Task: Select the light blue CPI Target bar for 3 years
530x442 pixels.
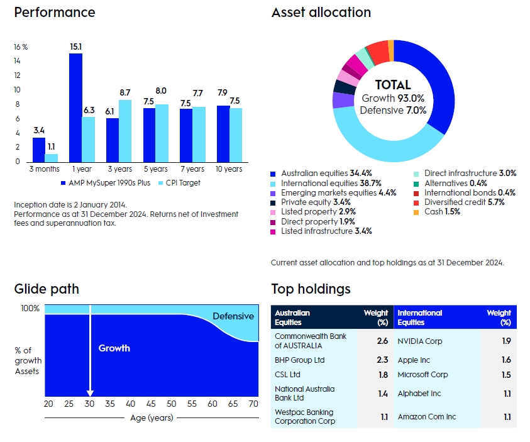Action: tap(125, 130)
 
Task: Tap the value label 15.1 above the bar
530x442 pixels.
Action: tap(75, 46)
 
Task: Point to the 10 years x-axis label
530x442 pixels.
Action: tap(228, 169)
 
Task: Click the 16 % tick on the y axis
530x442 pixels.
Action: tap(21, 47)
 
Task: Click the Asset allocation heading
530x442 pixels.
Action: tap(321, 13)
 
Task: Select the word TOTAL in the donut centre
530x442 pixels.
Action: tap(393, 85)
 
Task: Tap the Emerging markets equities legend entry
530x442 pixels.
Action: tap(333, 193)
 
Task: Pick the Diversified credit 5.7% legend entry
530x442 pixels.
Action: tap(464, 202)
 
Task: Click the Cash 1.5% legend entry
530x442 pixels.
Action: tap(442, 212)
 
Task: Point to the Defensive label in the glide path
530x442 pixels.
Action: tap(233, 316)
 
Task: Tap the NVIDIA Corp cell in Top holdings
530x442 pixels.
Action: tap(420, 341)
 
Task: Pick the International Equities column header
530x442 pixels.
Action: tap(420, 318)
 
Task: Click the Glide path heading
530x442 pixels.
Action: tap(47, 289)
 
